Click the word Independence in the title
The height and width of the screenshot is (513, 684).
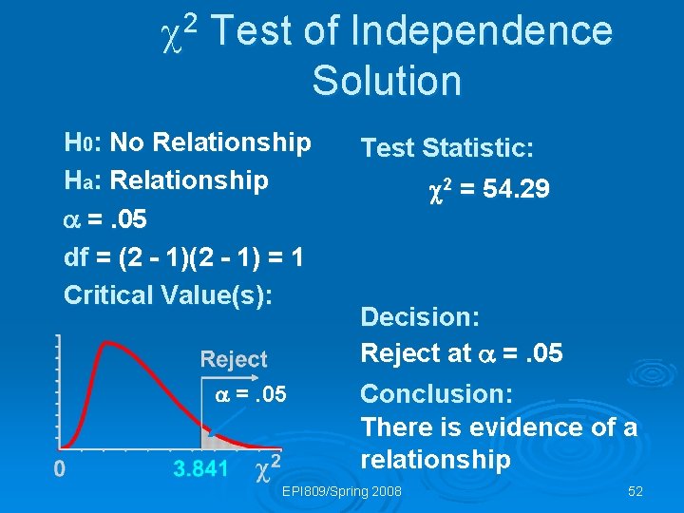click(x=482, y=31)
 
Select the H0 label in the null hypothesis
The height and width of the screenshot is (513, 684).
click(x=78, y=143)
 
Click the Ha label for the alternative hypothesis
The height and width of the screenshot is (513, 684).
click(x=78, y=180)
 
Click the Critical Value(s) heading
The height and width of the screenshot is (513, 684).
click(x=167, y=294)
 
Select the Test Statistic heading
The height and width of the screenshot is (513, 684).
click(x=446, y=148)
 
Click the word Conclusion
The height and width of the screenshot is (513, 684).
click(x=436, y=393)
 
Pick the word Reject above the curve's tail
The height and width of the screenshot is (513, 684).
click(x=234, y=359)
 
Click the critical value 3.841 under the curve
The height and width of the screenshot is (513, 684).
click(x=200, y=468)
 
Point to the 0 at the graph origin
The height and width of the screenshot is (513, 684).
click(x=59, y=468)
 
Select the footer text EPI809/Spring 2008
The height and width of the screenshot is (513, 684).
click(x=342, y=491)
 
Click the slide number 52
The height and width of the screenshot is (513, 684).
click(x=636, y=491)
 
